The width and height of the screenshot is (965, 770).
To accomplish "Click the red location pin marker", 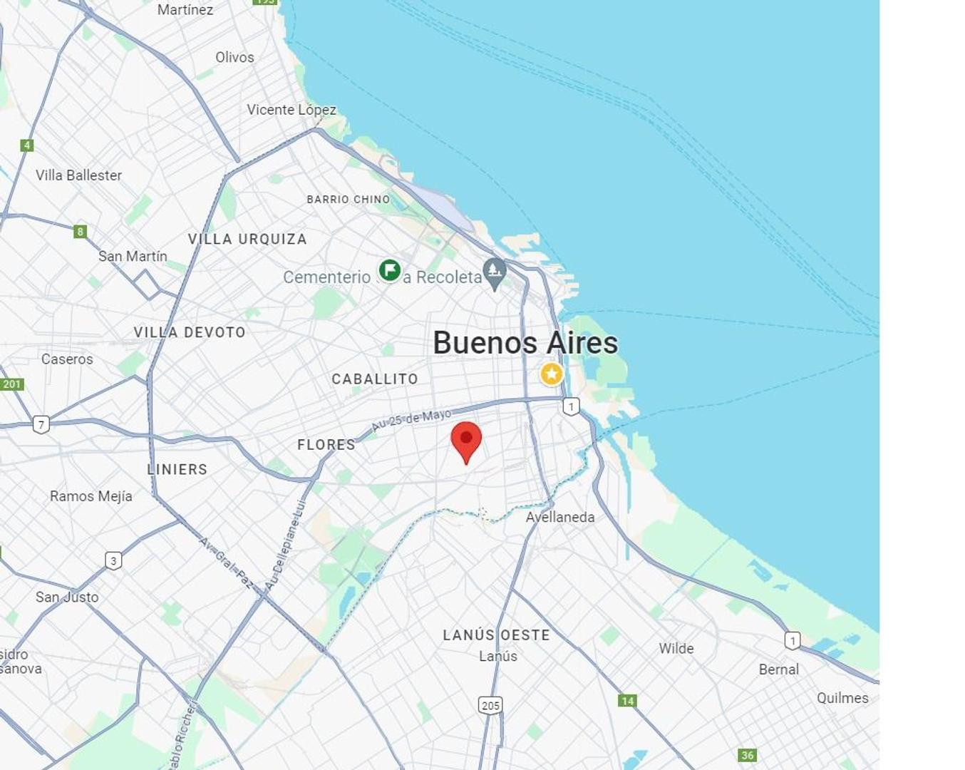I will point(466,440).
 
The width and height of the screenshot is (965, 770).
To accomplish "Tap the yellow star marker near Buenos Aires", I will point(551,374).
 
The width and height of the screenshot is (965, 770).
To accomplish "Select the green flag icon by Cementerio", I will point(389,270).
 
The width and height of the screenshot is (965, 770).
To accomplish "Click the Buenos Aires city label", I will point(525,343).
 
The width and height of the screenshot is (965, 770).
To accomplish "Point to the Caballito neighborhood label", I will point(375,379).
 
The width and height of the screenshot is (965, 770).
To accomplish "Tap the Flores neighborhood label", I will point(326,444).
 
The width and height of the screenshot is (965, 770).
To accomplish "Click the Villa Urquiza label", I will point(247,239).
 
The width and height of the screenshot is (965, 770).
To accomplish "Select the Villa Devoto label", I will point(190,332).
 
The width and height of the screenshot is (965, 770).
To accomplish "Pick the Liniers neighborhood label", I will point(177,469).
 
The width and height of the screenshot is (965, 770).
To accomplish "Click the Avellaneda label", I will point(560,517).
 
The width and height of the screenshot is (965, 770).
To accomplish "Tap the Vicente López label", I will point(291,110).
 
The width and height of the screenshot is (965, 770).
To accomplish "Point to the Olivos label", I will point(234,57).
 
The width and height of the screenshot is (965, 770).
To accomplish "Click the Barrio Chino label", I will point(349,200).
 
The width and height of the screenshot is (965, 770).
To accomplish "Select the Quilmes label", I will point(842,698).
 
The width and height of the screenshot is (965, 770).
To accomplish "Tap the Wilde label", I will point(676,648).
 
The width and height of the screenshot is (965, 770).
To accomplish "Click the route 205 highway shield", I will point(490,705).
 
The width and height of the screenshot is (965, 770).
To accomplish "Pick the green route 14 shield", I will point(627,701).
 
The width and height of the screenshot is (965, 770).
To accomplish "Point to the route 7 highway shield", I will point(41,425).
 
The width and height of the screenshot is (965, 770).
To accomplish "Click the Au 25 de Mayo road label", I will point(411,420).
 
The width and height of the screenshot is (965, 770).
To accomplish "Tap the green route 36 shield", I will point(747,755).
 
